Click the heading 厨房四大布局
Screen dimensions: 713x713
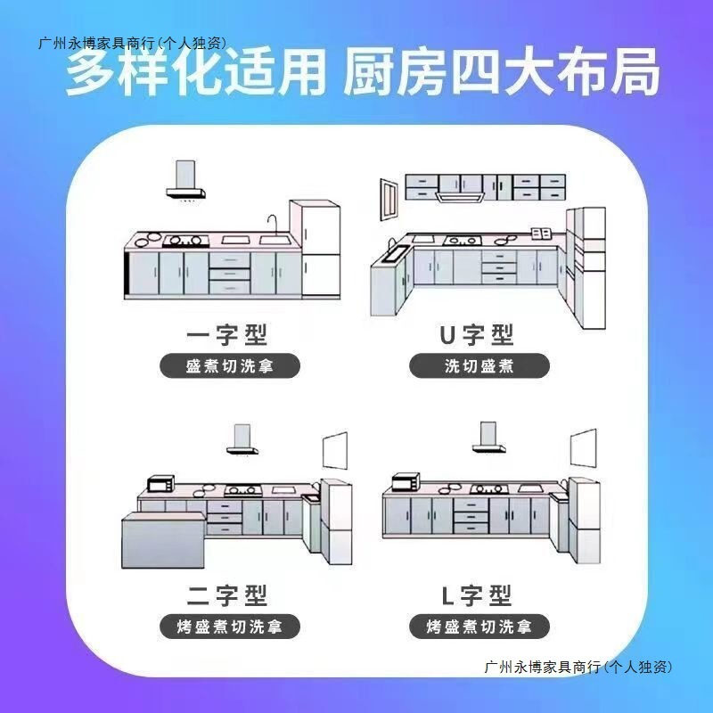pyautogui.click(x=502, y=74)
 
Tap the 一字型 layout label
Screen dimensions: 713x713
pyautogui.click(x=227, y=335)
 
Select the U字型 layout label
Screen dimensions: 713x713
pyautogui.click(x=478, y=335)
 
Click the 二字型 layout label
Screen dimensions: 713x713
pyautogui.click(x=227, y=595)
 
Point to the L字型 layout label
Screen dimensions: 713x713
pyautogui.click(x=478, y=595)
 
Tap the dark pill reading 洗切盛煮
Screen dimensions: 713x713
pyautogui.click(x=479, y=366)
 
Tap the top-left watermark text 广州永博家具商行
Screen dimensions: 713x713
pyautogui.click(x=132, y=42)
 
